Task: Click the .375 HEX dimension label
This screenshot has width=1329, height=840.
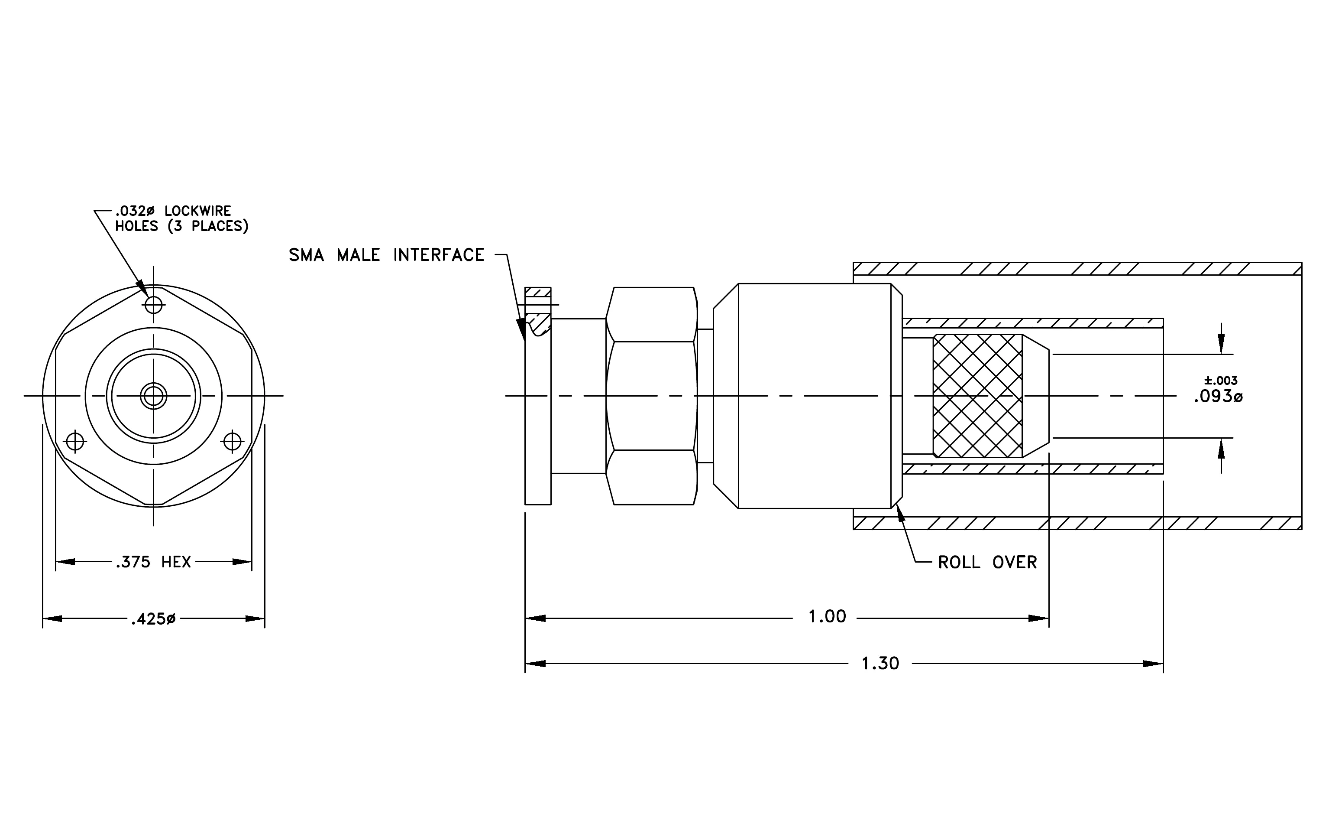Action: [153, 562]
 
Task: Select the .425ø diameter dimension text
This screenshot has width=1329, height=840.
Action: [153, 619]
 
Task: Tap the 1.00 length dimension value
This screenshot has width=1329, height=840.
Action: [827, 616]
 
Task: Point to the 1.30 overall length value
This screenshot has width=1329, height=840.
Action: [880, 663]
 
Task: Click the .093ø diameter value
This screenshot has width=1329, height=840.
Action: [1218, 397]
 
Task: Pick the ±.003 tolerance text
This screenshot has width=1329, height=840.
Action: [1221, 380]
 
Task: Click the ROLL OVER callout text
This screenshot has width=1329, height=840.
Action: [987, 562]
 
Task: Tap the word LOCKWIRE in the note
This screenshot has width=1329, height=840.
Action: [197, 211]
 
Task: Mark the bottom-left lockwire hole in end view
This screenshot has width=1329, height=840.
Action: [74, 441]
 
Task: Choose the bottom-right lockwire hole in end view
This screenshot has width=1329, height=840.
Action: [233, 441]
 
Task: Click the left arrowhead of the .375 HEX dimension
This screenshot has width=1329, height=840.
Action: [66, 562]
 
